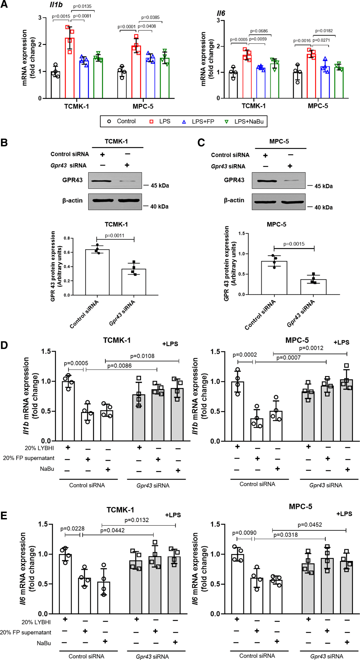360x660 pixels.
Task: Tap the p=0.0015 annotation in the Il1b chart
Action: pos(61,16)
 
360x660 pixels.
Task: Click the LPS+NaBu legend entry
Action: pos(245,122)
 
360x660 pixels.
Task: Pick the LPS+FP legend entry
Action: pos(199,122)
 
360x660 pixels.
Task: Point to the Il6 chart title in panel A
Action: pos(221,13)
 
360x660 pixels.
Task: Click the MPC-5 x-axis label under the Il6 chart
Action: pos(318,106)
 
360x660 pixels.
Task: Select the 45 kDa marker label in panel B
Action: pos(160,186)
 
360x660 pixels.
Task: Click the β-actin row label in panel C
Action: pos(234,200)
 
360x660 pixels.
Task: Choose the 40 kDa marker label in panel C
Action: pos(323,207)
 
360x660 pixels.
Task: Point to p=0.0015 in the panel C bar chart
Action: pos(294,244)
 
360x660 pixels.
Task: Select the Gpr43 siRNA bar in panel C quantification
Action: pos(313,287)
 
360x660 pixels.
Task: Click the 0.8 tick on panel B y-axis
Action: pos(67,238)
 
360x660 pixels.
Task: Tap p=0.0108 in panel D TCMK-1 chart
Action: pos(142,356)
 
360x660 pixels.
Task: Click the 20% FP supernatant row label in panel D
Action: pos(29,458)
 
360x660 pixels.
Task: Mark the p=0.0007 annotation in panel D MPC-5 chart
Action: pos(288,358)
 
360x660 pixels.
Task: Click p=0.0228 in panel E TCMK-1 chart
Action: pos(72,529)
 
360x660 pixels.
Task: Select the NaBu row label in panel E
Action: pos(44,643)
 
